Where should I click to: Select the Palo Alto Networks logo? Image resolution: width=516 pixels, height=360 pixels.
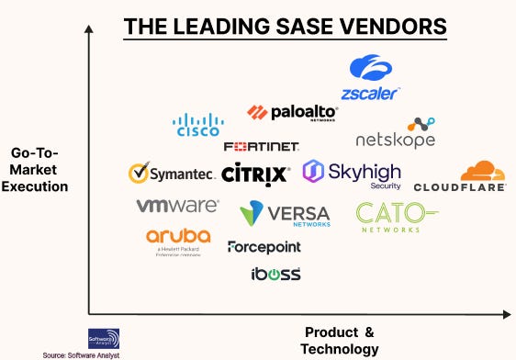(292, 112)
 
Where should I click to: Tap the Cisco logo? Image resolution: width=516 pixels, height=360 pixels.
(197, 124)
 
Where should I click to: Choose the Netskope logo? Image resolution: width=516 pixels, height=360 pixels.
(396, 133)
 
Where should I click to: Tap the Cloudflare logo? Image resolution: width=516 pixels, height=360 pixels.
(459, 176)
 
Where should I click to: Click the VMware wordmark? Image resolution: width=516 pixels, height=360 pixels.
(177, 206)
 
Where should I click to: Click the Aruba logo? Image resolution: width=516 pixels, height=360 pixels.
(178, 241)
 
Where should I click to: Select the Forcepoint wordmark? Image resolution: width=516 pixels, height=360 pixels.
(264, 247)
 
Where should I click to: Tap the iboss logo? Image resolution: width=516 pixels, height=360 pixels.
(275, 274)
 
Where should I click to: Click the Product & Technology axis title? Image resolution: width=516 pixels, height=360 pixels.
(340, 340)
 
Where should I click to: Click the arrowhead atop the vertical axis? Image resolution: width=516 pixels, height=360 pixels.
(88, 30)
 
